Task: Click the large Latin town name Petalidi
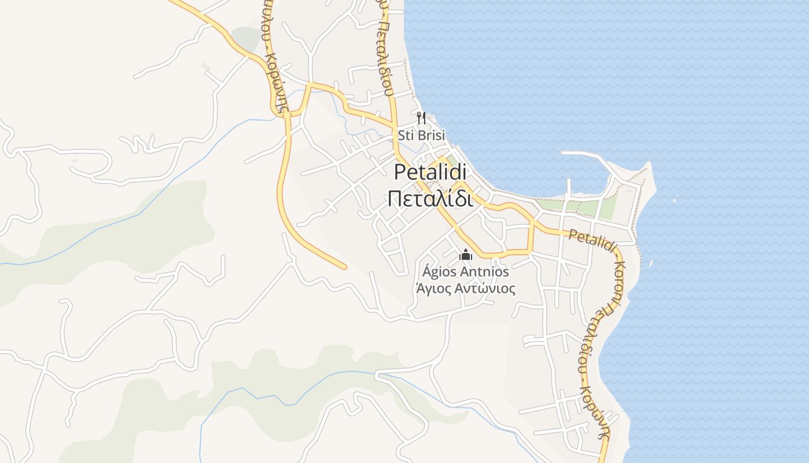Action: pos(431,172)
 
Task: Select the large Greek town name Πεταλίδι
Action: pos(431,199)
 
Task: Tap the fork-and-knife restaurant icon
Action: pos(421,118)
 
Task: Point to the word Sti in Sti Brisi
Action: pos(405,136)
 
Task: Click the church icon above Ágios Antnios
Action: pos(466,255)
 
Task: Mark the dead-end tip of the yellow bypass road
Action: pos(344,267)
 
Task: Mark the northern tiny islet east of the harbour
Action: pos(674,201)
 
